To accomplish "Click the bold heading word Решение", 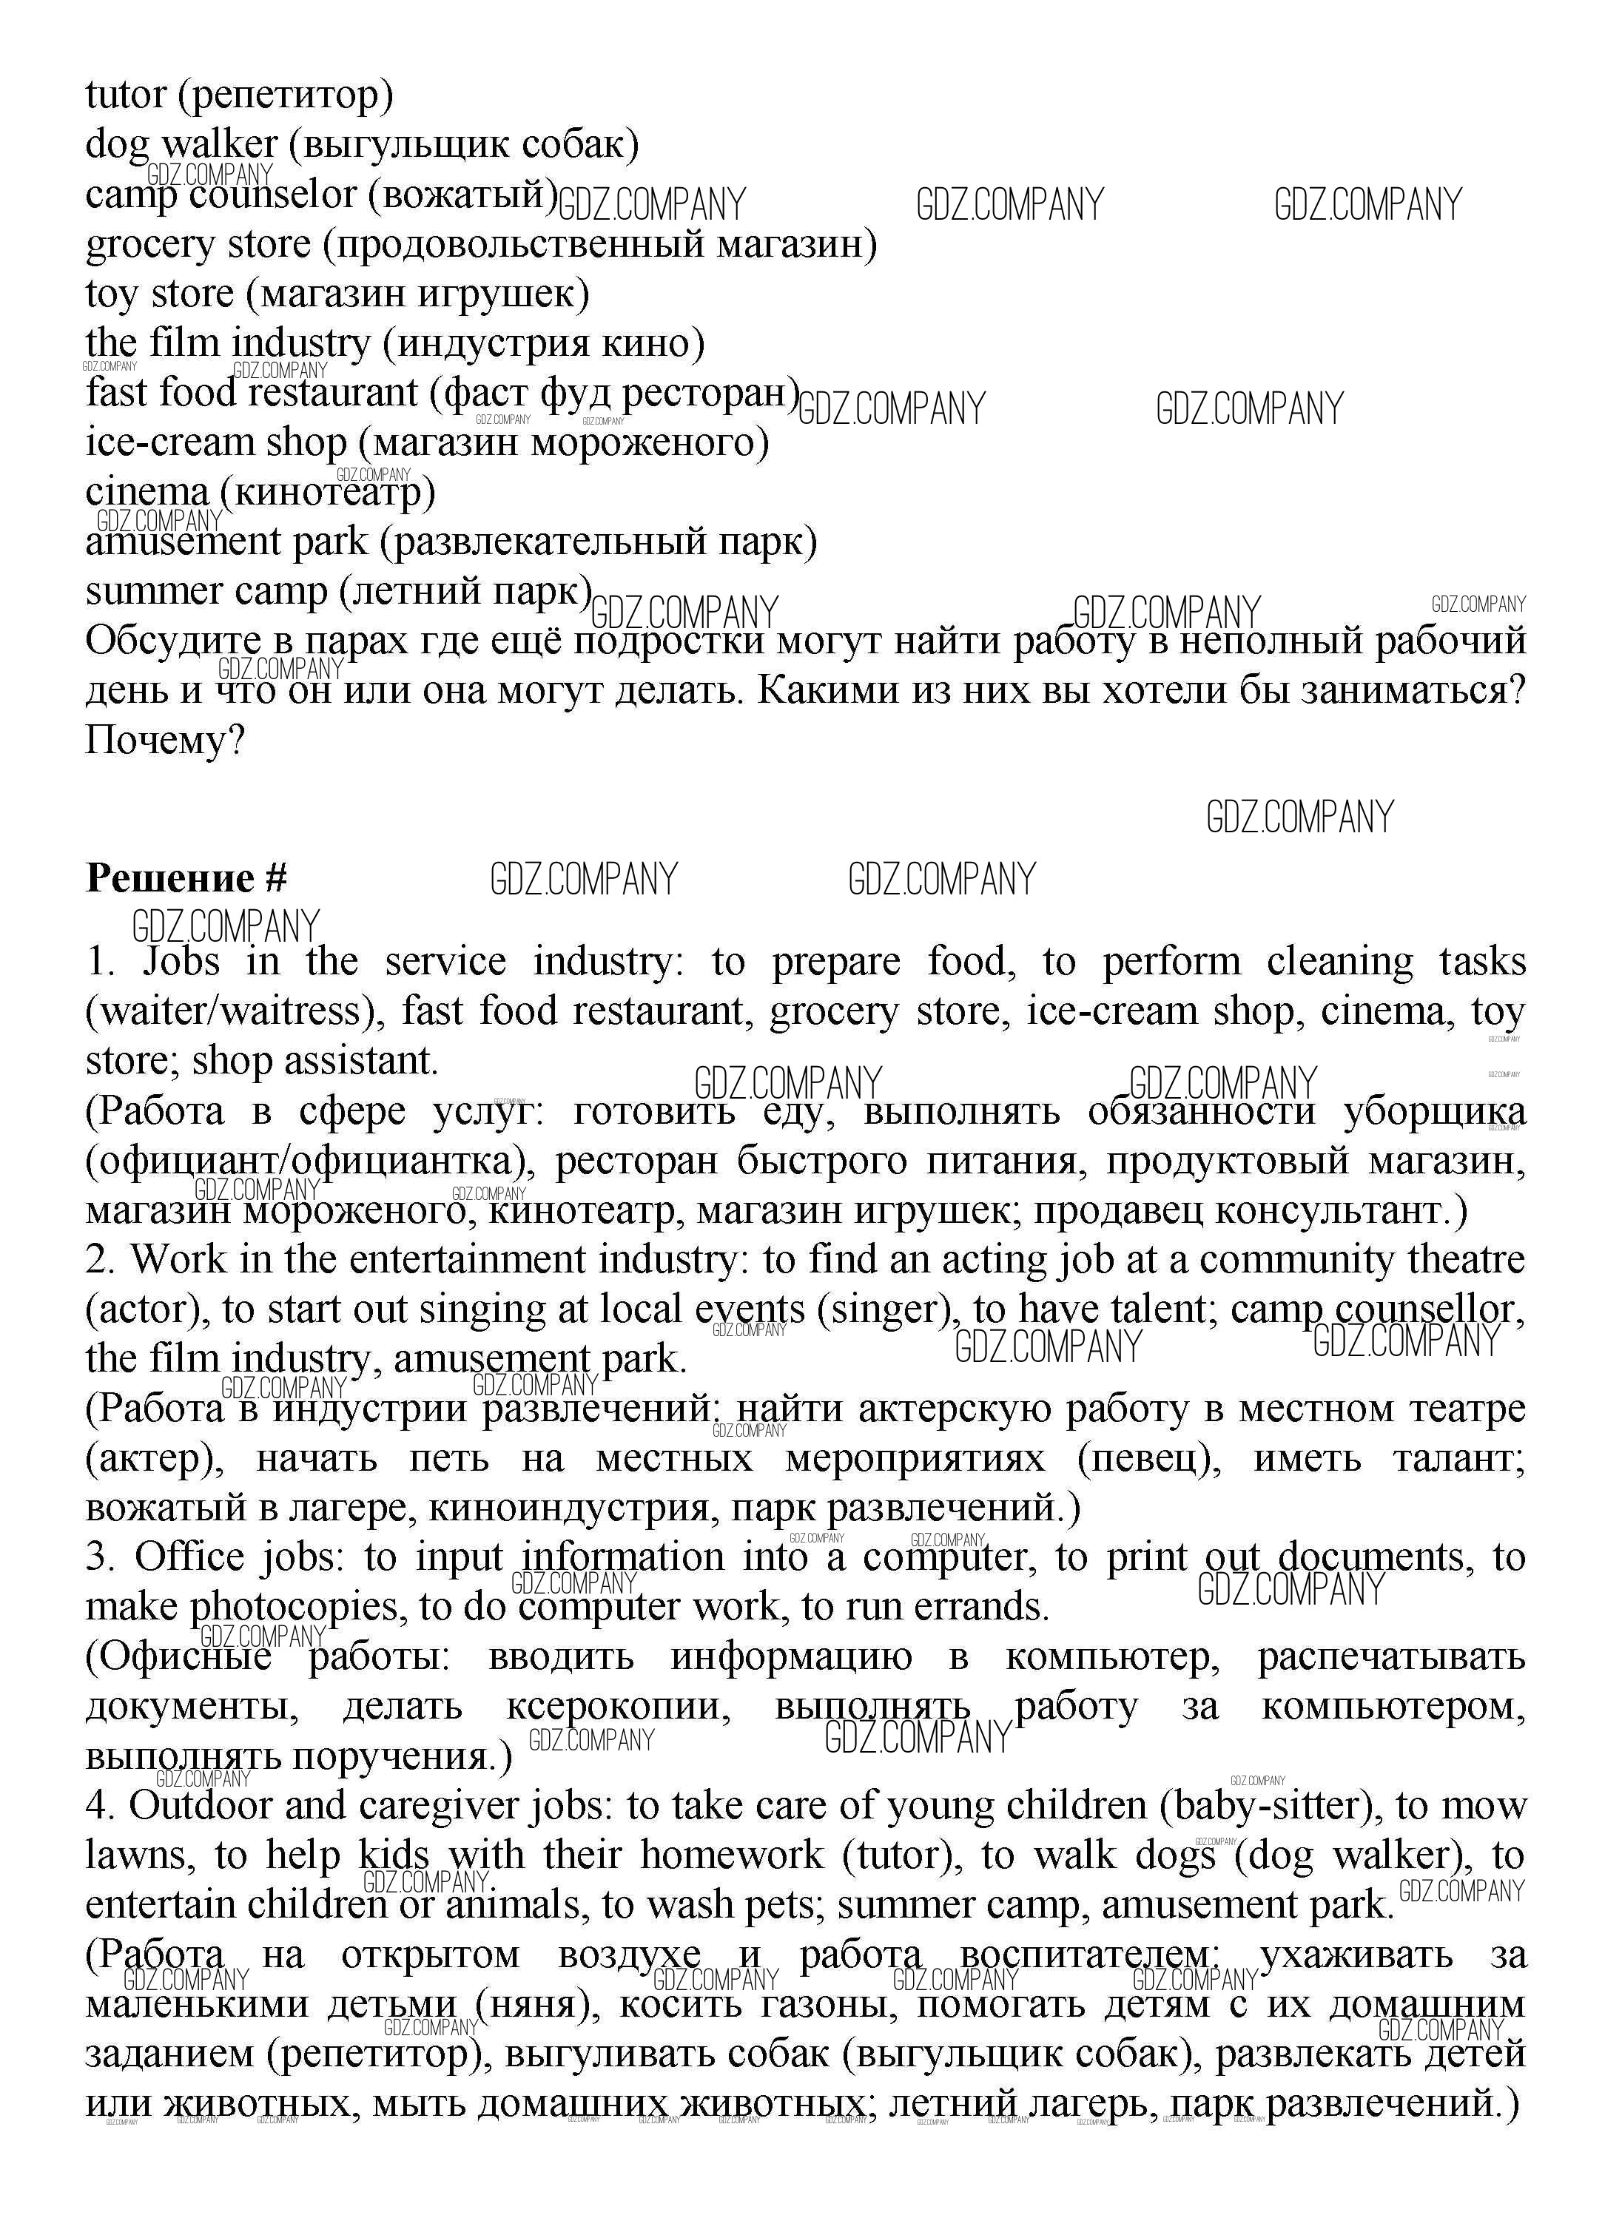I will coord(170,878).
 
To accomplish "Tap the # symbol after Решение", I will coord(275,878).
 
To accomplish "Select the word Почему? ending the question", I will coord(164,740).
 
